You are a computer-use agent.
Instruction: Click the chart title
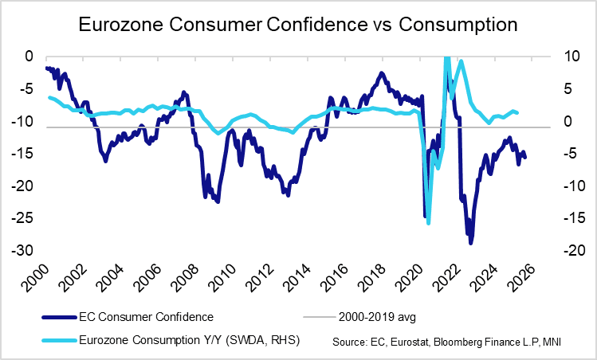tap(298, 25)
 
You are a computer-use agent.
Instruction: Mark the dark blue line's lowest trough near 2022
tap(471, 242)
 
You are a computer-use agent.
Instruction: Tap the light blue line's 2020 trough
tap(428, 222)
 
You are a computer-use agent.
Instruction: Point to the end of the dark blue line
tap(524, 158)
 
